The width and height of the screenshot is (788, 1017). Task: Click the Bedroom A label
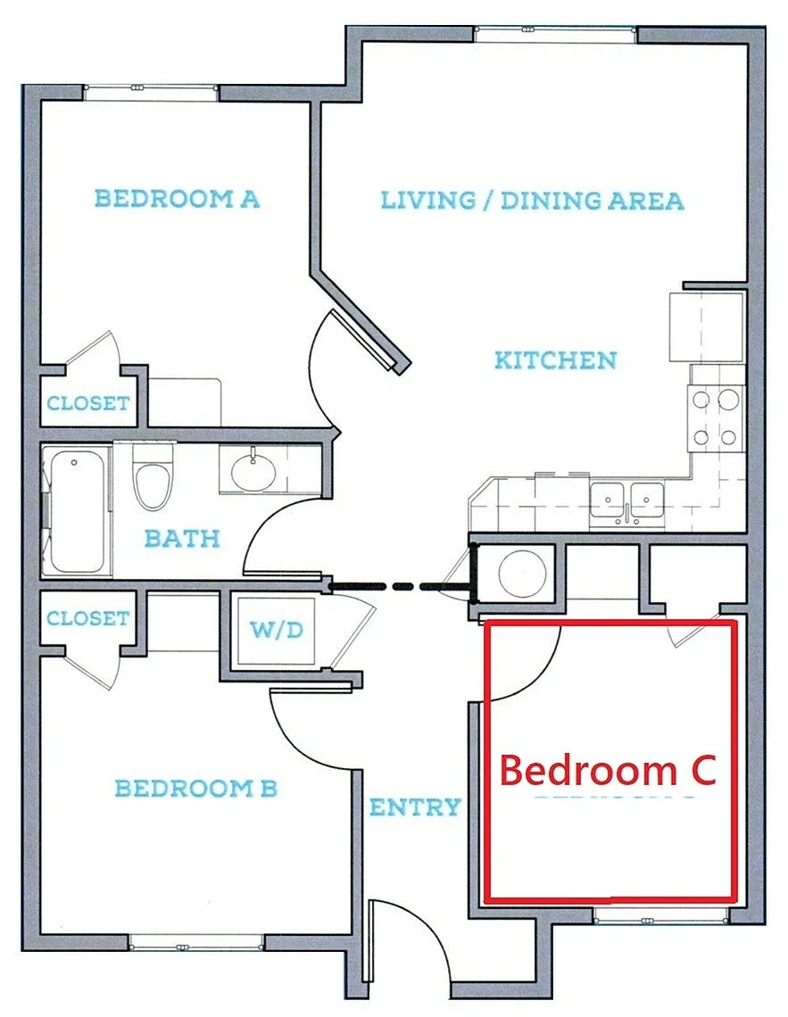(177, 198)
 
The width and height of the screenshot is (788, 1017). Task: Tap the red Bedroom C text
(608, 770)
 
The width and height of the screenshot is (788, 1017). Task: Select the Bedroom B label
(195, 789)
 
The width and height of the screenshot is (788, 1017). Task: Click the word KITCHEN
(556, 360)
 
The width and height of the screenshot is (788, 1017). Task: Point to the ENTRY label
(415, 807)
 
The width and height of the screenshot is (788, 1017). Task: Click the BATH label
(182, 538)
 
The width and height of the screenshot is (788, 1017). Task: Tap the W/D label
(277, 629)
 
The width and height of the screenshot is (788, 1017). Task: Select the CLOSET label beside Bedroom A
(88, 403)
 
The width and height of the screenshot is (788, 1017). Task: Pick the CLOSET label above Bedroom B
(88, 618)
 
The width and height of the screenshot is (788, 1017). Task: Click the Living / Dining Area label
(533, 201)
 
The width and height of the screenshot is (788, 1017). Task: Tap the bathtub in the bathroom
(77, 512)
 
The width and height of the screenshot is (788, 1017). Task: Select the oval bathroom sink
(254, 472)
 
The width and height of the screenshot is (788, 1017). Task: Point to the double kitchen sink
(626, 500)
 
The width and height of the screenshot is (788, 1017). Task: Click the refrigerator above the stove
(706, 327)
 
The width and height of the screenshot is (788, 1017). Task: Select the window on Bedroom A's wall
(151, 92)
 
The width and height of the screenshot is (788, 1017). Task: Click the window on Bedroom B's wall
(197, 942)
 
